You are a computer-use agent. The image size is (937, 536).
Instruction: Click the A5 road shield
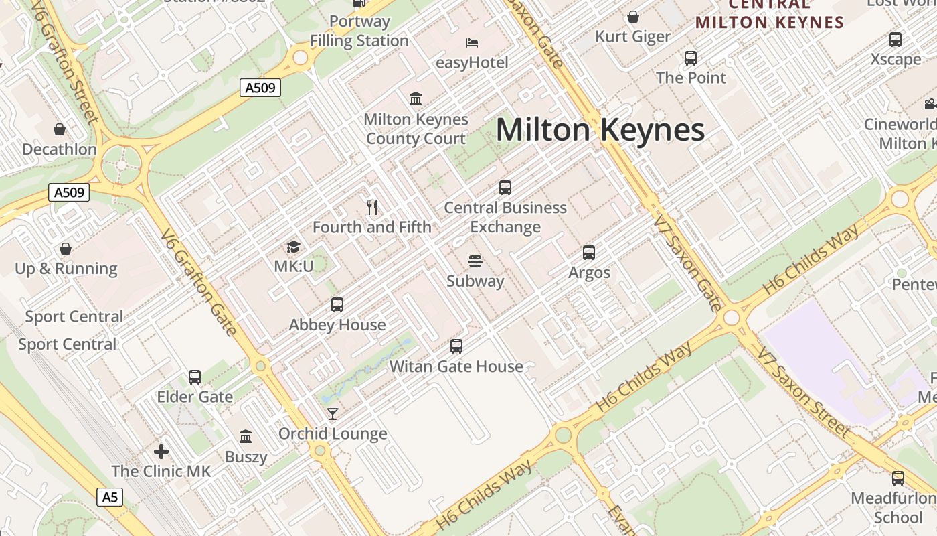(110, 497)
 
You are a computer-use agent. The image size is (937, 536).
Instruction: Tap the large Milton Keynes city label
(600, 130)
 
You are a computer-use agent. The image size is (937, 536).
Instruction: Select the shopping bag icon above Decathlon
(60, 129)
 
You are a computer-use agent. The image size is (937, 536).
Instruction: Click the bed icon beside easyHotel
(472, 43)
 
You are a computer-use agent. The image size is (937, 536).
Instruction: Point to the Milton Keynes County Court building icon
(416, 99)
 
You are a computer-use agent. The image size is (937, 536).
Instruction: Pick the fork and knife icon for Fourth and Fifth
(373, 208)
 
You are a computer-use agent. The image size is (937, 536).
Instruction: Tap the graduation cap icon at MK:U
(293, 247)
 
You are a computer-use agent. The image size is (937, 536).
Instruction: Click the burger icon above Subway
(475, 261)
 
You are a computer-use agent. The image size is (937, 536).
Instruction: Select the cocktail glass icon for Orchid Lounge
(333, 414)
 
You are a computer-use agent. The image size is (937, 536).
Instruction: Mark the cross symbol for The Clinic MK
(161, 451)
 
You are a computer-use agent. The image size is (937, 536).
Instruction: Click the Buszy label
(246, 457)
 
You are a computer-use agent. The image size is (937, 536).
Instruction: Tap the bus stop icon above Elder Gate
(195, 377)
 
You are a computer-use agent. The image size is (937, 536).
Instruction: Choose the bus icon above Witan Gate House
(456, 346)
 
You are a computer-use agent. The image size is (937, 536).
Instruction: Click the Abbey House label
(337, 325)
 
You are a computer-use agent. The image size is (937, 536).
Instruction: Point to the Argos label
(589, 273)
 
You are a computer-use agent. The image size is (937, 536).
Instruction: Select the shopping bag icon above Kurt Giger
(633, 17)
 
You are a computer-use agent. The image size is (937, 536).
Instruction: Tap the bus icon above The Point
(691, 58)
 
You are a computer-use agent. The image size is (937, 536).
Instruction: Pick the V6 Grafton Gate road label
(199, 281)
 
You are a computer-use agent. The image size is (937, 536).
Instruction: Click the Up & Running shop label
(66, 269)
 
